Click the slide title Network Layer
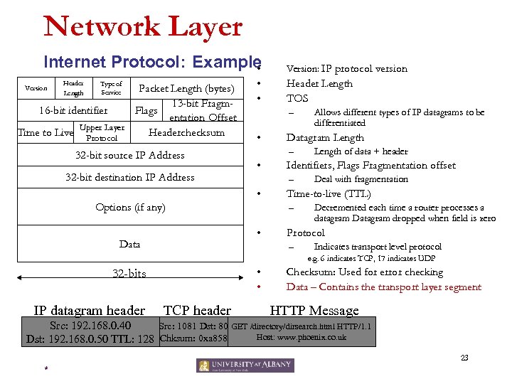pyautogui.click(x=143, y=27)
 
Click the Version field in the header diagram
pyautogui.click(x=36, y=88)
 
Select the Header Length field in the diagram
pyautogui.click(x=73, y=88)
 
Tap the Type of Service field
pyautogui.click(x=111, y=88)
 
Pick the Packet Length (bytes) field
pyautogui.click(x=186, y=89)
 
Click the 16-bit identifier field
pyautogui.click(x=74, y=110)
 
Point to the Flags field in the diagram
pyautogui.click(x=146, y=111)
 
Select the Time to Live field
pyautogui.click(x=46, y=133)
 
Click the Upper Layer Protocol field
pyautogui.click(x=102, y=133)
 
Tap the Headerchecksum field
pyautogui.click(x=186, y=133)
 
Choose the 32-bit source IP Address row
pyautogui.click(x=129, y=155)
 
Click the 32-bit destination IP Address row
pyautogui.click(x=129, y=177)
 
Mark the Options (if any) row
pyautogui.click(x=130, y=208)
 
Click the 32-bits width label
pyautogui.click(x=129, y=273)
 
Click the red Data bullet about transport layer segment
pyautogui.click(x=383, y=287)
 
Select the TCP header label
pyautogui.click(x=197, y=310)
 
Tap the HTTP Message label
pyautogui.click(x=314, y=310)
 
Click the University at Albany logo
pyautogui.click(x=245, y=366)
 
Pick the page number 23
pyautogui.click(x=464, y=358)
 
